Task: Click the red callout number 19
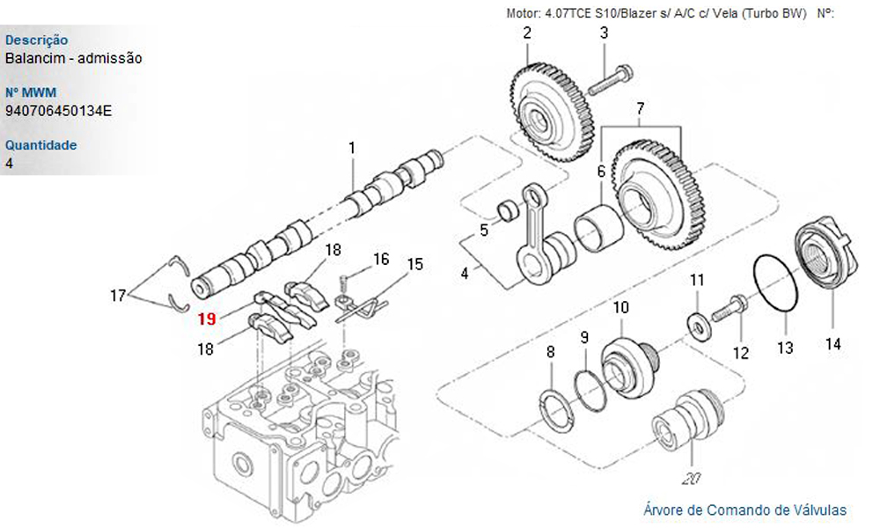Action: point(207,319)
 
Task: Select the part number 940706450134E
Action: point(59,111)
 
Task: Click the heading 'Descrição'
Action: point(36,40)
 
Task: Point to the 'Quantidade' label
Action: point(40,145)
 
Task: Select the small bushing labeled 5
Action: point(507,211)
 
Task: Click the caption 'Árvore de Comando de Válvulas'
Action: point(744,510)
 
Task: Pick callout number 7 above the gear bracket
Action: point(640,108)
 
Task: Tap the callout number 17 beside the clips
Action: point(118,296)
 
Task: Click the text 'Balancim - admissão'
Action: point(73,58)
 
